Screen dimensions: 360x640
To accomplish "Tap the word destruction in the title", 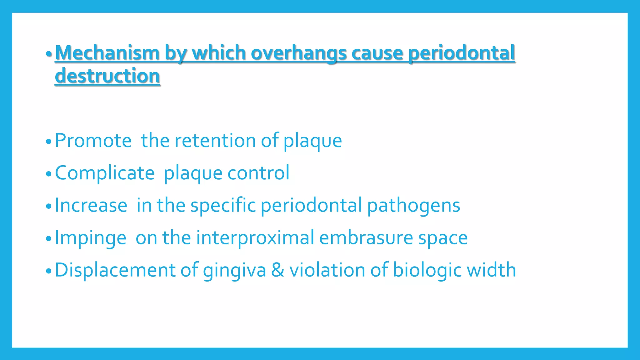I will click(107, 76).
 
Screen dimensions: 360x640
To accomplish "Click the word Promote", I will click(93, 140).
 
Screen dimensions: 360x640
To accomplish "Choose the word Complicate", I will click(105, 173).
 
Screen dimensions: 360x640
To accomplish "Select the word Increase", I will click(91, 205).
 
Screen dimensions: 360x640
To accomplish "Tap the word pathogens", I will click(413, 206).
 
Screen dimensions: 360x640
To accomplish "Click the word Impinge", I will click(91, 238).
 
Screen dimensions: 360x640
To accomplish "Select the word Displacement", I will click(115, 270).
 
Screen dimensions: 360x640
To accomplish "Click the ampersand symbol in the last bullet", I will click(277, 270).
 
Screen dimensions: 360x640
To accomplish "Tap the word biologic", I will click(427, 271).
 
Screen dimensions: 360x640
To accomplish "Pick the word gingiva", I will click(234, 271).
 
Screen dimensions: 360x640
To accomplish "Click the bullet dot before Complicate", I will click(48, 174).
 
